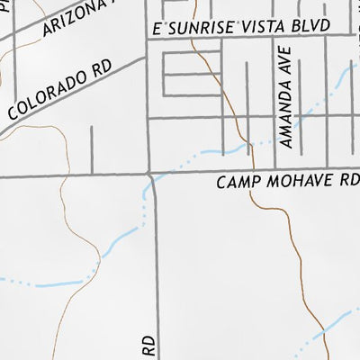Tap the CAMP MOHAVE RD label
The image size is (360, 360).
point(287,183)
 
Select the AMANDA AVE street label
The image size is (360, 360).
point(286,97)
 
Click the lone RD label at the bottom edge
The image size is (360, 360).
point(149,346)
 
